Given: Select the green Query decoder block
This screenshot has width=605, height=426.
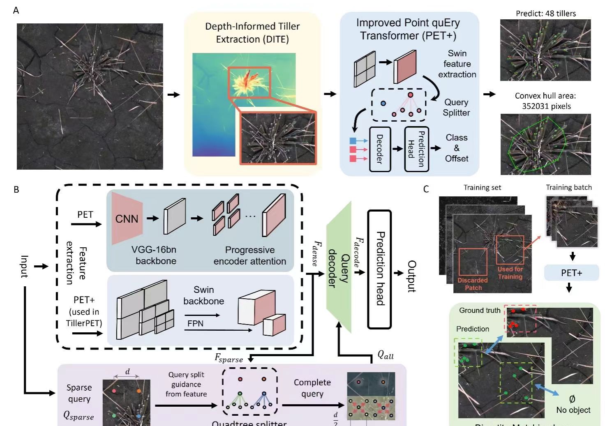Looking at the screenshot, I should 339,267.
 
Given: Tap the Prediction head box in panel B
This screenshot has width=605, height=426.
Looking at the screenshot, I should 379,269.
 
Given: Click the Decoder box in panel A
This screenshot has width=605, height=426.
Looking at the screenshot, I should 379,149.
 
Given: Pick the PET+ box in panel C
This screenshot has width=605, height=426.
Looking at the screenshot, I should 571,273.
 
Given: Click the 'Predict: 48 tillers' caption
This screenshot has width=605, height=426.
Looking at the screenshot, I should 545,13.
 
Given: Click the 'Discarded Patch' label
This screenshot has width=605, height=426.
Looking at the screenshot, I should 473,284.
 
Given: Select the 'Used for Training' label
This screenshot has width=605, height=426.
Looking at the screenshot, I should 510,273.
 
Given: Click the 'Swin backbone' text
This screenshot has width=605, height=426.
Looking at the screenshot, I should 203,295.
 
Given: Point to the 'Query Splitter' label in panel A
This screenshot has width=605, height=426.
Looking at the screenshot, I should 456,107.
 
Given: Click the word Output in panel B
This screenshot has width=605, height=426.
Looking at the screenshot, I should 411,276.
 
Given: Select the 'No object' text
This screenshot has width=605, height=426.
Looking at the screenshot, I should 573,410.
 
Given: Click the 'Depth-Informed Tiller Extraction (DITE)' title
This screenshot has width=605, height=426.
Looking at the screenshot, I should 252,33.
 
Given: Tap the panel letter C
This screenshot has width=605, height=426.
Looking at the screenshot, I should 426,189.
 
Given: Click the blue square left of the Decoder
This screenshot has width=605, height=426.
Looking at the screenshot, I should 353,141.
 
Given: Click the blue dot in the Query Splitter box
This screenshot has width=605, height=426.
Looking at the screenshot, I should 383,104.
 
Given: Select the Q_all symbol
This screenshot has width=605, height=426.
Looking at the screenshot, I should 385,355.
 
